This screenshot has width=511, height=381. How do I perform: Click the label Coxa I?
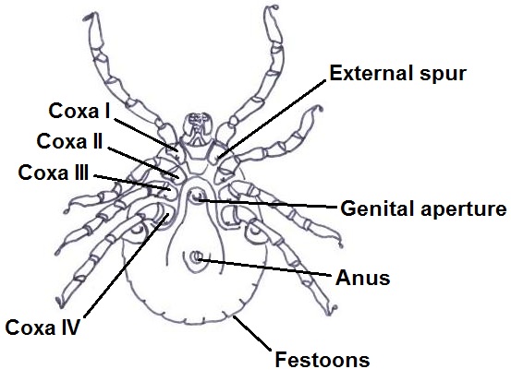coord(79,111)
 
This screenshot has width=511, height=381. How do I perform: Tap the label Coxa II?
coord(69,141)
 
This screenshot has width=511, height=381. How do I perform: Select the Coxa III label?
coord(54,173)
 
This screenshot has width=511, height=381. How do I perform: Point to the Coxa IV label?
coord(43,327)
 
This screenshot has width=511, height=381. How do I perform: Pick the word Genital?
coord(378,208)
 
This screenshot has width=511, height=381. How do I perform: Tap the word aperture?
coord(464,209)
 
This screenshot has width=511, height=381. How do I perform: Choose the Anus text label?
coord(363,279)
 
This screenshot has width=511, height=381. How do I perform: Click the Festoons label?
coord(322,360)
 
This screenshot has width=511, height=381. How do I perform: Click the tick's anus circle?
coord(196,258)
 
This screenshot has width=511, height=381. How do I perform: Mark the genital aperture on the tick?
coord(196,196)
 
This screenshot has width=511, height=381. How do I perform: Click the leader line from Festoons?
coord(252,333)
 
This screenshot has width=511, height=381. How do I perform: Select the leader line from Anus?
coord(264,268)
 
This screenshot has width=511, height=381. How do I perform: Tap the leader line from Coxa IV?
coord(127,265)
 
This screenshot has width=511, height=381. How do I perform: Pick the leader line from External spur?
coord(272,119)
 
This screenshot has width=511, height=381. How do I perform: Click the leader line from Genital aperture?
coord(267,203)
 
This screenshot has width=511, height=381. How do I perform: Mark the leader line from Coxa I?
coord(146,135)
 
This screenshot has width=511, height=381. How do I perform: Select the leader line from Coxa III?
coord(132,183)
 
